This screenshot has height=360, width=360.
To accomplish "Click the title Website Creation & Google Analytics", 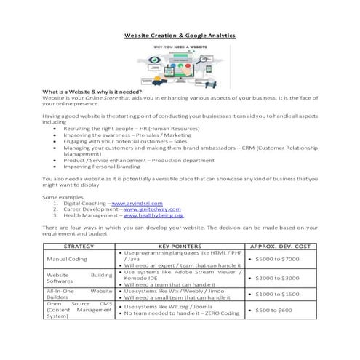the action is pos(180,35).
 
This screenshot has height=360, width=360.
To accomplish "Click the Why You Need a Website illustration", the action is pos(180,65).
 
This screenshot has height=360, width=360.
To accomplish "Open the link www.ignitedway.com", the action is pos(149,209).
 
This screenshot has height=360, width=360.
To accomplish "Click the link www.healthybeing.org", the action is pos(153,215).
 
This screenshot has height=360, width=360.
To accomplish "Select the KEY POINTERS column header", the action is pos(179,246).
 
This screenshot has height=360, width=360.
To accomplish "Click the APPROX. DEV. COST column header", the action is pos(280,246).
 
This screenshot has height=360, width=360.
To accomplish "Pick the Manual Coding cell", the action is pos(67,258).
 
